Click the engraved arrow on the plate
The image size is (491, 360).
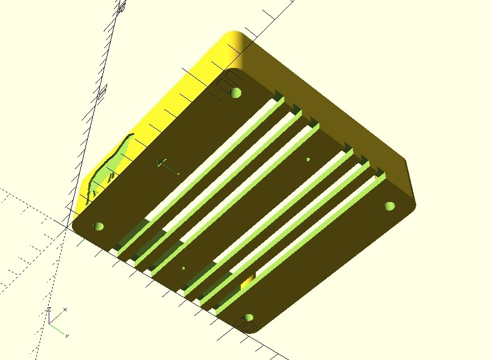168,167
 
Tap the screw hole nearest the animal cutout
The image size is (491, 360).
98,226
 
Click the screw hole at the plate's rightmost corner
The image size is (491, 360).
389,205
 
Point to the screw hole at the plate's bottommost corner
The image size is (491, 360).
247,318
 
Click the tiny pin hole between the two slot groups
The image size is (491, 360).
308,160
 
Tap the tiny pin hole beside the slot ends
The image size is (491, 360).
183,268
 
